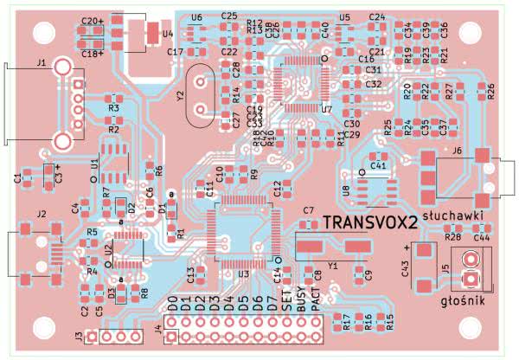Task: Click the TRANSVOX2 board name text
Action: [x=370, y=222]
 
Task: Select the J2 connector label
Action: [x=40, y=213]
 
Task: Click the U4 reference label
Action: [x=168, y=35]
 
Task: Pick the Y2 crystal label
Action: [x=180, y=98]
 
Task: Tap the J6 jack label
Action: [x=457, y=151]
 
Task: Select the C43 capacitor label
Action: [x=404, y=269]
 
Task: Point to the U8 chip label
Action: [x=346, y=190]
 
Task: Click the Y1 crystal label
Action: [x=331, y=266]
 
